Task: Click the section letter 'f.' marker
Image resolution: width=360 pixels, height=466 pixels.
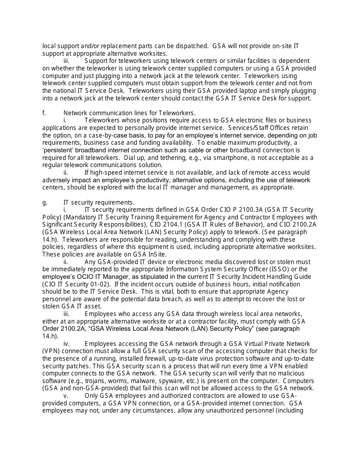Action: point(44,113)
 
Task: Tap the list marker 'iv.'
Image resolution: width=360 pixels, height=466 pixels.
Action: point(66,344)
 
